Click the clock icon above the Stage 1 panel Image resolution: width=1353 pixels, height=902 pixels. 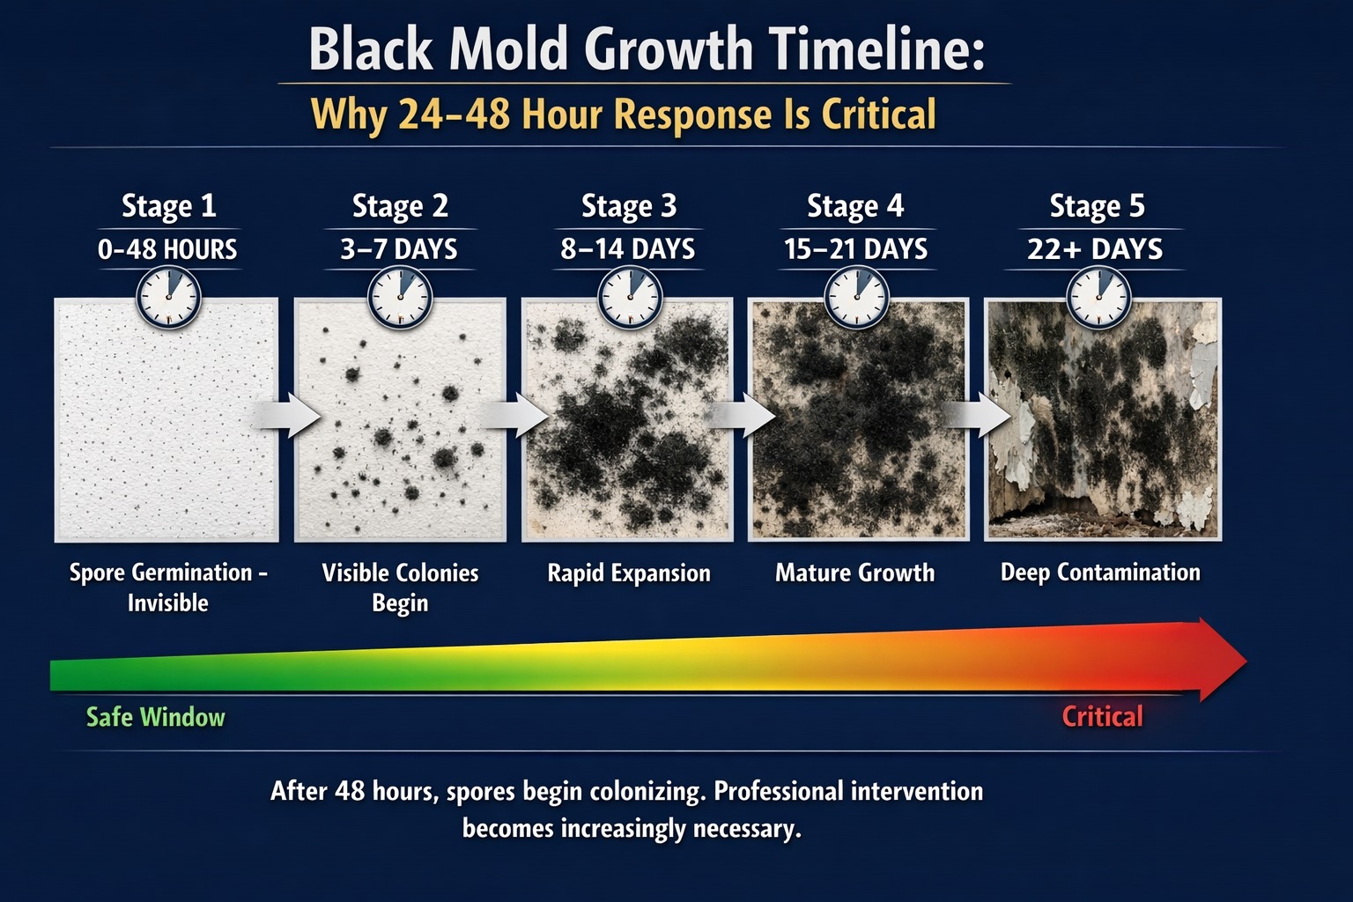tap(169, 298)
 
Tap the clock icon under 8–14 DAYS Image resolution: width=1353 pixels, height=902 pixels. tap(630, 298)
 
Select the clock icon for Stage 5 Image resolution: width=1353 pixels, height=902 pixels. tap(1098, 298)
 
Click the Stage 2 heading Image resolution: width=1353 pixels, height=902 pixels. tap(400, 206)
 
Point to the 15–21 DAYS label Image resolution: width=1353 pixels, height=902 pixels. tap(855, 249)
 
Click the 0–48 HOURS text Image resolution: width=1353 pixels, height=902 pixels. tap(167, 249)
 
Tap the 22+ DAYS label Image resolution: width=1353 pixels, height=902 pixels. tap(1095, 249)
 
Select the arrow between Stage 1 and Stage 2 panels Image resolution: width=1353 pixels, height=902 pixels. tap(288, 415)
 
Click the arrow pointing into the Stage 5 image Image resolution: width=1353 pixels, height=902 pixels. tap(977, 415)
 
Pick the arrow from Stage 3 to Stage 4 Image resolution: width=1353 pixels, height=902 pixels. tap(743, 415)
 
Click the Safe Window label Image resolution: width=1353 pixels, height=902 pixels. tap(156, 717)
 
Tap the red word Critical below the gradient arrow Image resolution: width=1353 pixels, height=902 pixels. tap(1102, 716)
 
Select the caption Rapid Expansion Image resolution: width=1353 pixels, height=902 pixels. tap(629, 573)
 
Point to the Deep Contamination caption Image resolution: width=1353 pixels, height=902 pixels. tap(1100, 573)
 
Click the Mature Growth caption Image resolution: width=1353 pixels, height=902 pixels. tap(854, 573)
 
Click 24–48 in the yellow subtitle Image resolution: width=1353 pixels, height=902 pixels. tap(454, 115)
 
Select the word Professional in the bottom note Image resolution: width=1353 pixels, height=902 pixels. tap(775, 791)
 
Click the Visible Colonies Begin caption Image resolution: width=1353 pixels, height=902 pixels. tap(400, 588)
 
